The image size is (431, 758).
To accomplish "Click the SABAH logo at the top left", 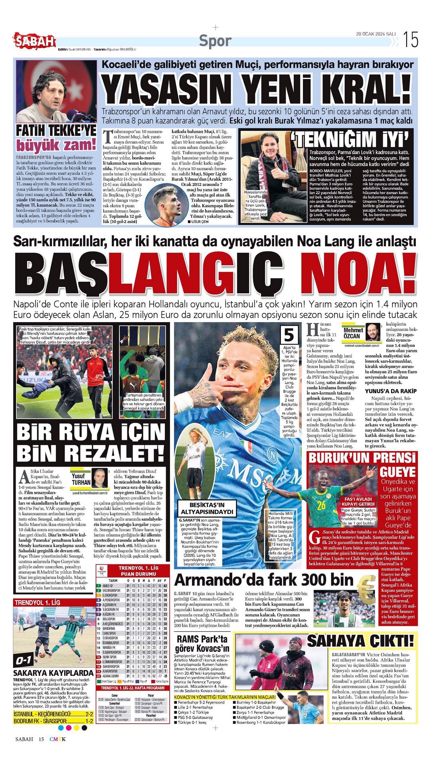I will tap(35, 40).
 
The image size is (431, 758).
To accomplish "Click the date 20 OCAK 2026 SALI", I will tap(376, 34).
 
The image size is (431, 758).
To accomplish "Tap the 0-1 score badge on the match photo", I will tap(24, 661).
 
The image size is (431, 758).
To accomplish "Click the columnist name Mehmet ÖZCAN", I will tap(353, 332).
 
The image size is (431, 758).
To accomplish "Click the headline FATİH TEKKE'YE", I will tap(56, 131).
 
